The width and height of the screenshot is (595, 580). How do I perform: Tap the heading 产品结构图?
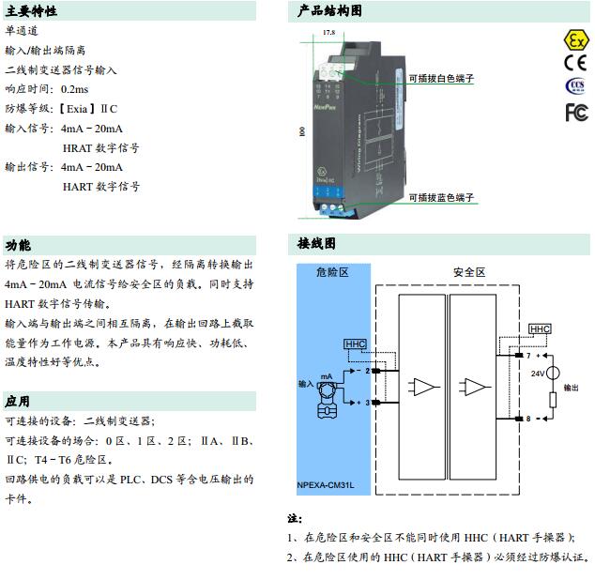pos(329,12)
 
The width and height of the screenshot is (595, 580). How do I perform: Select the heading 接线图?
pos(316,243)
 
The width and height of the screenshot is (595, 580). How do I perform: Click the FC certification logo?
pos(574,113)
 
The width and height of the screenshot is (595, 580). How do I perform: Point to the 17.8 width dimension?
pos(328,33)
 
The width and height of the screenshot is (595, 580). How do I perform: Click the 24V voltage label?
pos(538,373)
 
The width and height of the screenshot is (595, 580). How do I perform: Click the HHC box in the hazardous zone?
pos(356,344)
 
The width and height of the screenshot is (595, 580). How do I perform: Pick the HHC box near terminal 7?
pos(540,329)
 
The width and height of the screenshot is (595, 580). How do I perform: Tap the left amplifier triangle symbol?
pos(425,386)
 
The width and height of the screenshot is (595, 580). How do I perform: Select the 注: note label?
pos(294,518)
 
